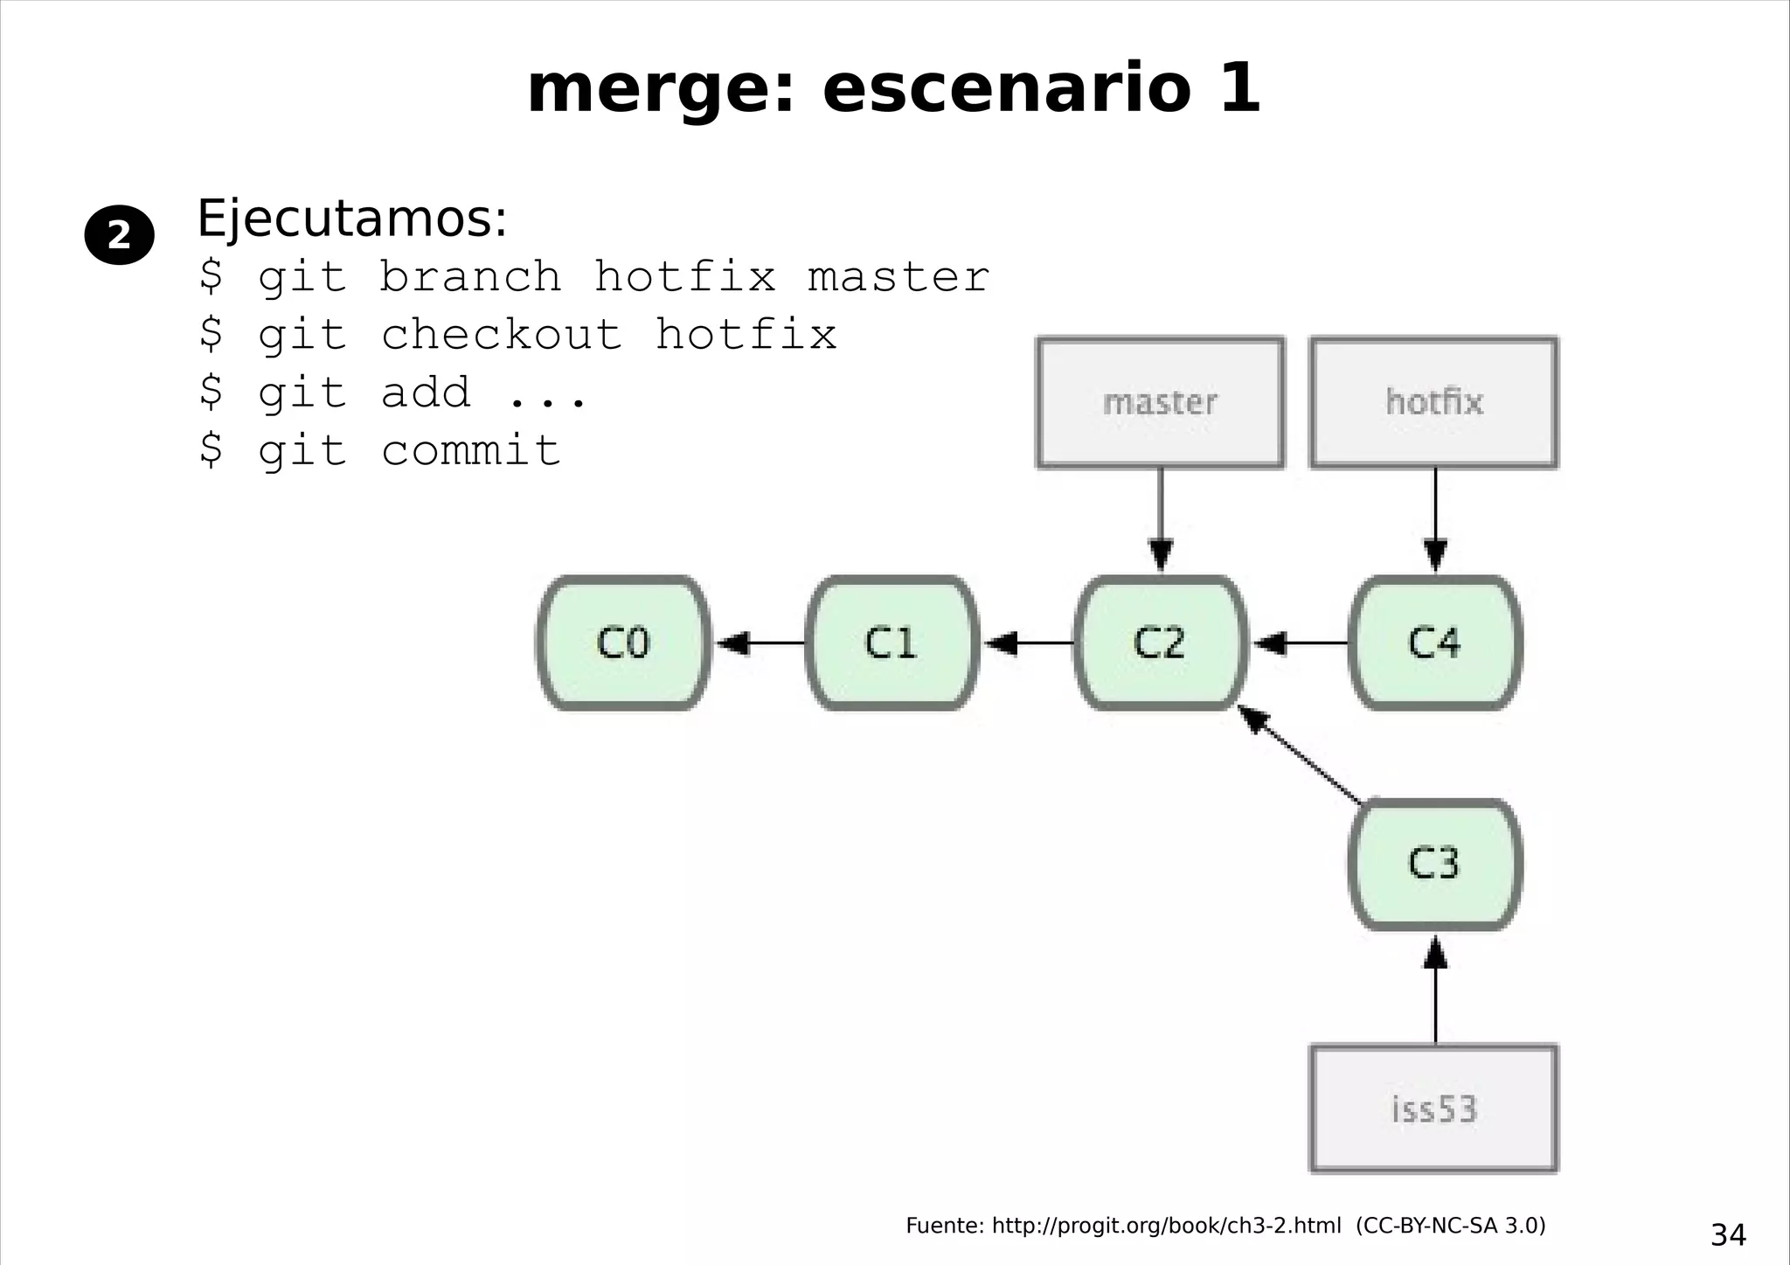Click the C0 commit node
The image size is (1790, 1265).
pos(623,643)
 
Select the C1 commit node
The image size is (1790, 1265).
pos(892,643)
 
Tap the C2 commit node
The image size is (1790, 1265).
pos(1160,643)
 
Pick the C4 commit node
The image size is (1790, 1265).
pos(1435,643)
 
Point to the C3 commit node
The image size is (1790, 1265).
pos(1435,864)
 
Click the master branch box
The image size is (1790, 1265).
pos(1160,402)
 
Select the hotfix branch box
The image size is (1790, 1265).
pos(1434,402)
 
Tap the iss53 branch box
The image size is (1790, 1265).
pos(1434,1109)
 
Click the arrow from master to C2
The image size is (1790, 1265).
pos(1161,520)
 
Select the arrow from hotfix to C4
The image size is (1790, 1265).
pos(1435,520)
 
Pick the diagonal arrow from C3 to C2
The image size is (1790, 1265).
pos(1301,755)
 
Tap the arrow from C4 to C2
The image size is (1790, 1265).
pos(1299,643)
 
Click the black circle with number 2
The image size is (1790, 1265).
pos(119,235)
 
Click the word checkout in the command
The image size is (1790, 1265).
pos(502,335)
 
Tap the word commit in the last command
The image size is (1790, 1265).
pos(471,451)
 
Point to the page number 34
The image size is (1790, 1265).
pos(1728,1234)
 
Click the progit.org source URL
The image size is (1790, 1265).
pos(1166,1226)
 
